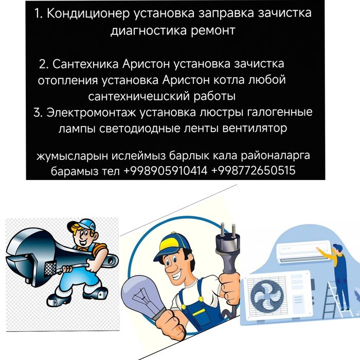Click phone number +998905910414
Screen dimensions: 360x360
pos(166,170)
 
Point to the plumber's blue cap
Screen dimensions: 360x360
pos(82,227)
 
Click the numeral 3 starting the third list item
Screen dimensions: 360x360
pos(37,112)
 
